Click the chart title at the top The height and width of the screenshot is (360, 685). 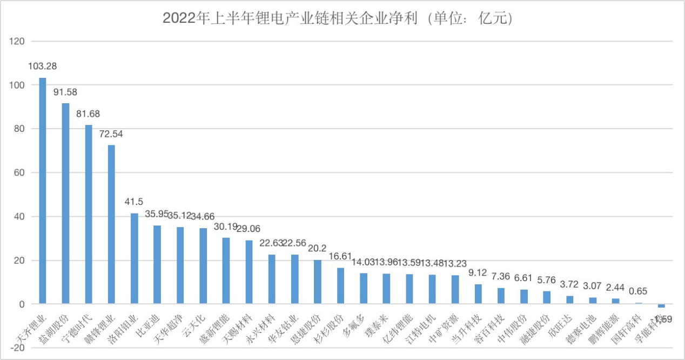pyautogui.click(x=338, y=18)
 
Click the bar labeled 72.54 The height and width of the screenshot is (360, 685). pyautogui.click(x=111, y=224)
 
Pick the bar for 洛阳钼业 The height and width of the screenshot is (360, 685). pyautogui.click(x=135, y=259)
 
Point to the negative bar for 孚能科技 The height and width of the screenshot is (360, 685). pyautogui.click(x=661, y=306)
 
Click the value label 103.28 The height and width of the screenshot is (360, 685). pyautogui.click(x=43, y=66)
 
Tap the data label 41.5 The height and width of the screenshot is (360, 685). pyautogui.click(x=135, y=202)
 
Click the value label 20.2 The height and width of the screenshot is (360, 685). pyautogui.click(x=318, y=249)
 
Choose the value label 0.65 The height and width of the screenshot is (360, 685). pyautogui.click(x=639, y=291)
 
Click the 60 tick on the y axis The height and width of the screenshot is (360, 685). pyautogui.click(x=20, y=173)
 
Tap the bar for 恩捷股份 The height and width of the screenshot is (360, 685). pyautogui.click(x=318, y=282)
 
